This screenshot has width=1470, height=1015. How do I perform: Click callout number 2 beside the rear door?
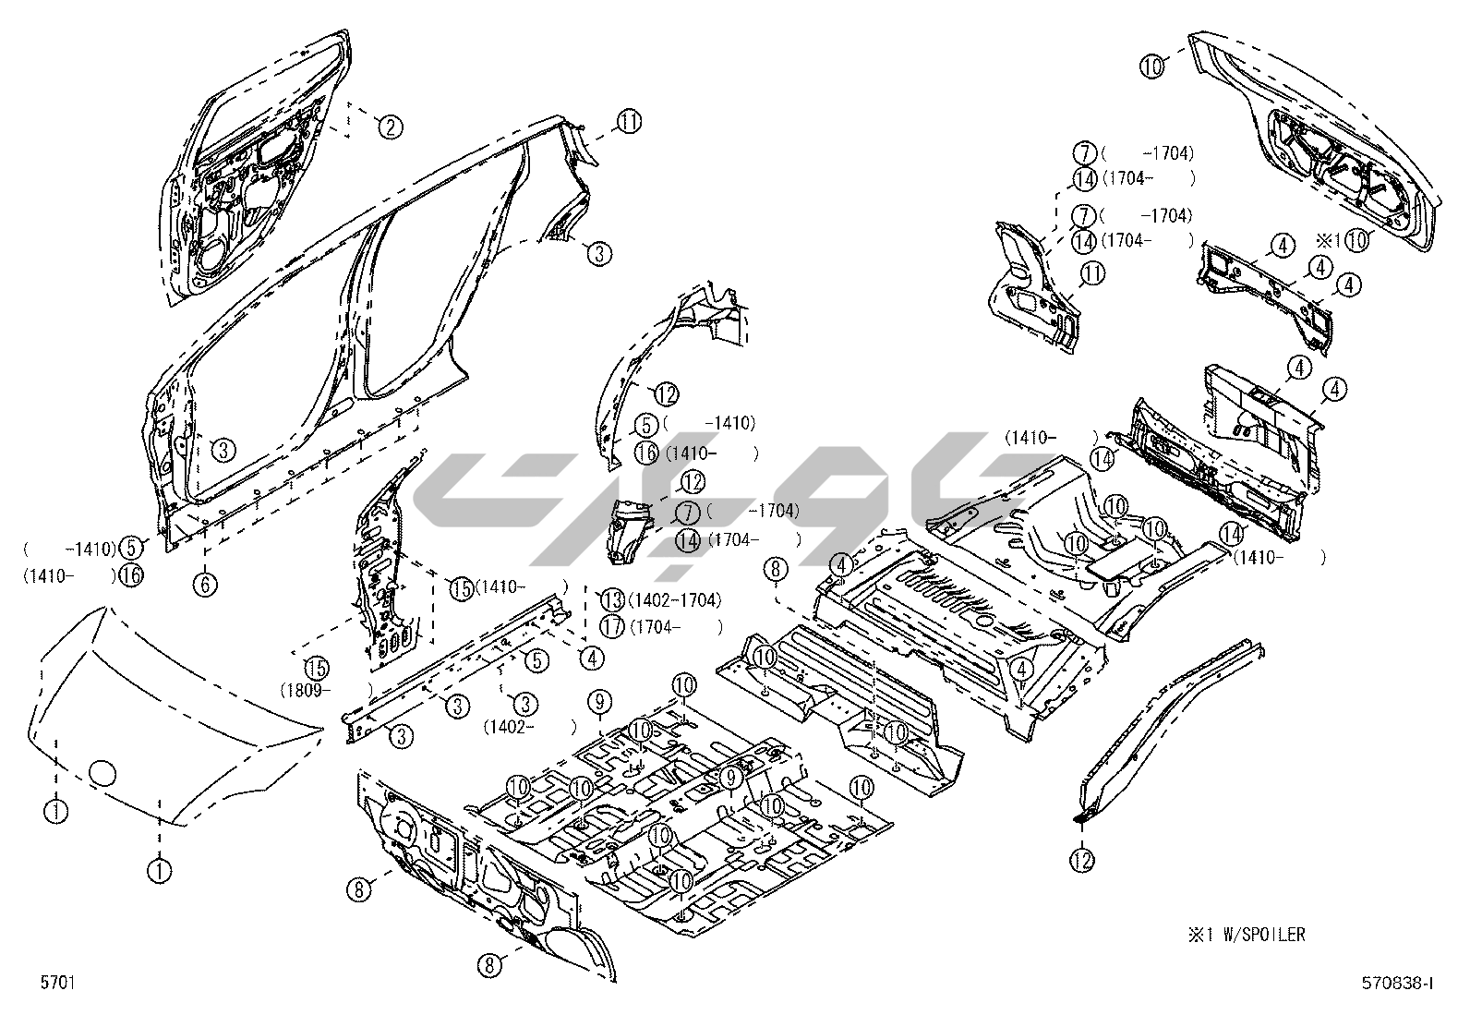click(390, 127)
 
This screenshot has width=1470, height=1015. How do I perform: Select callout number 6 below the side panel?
click(205, 584)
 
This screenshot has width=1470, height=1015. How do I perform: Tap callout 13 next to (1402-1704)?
click(613, 599)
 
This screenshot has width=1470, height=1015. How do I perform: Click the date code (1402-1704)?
click(674, 600)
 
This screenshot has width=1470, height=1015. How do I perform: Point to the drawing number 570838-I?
click(1397, 984)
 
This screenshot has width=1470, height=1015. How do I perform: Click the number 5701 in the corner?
click(56, 983)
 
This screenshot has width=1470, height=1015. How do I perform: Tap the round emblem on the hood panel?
click(102, 772)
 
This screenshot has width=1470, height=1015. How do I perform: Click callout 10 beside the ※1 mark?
click(1356, 239)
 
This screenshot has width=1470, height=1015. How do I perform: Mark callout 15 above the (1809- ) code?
click(318, 667)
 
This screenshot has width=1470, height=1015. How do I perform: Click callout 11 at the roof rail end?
click(630, 122)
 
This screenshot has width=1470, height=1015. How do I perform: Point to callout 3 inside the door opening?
click(223, 450)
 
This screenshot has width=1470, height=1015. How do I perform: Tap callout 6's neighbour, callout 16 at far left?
click(132, 574)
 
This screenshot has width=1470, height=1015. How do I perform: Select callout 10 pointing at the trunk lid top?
click(1151, 66)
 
